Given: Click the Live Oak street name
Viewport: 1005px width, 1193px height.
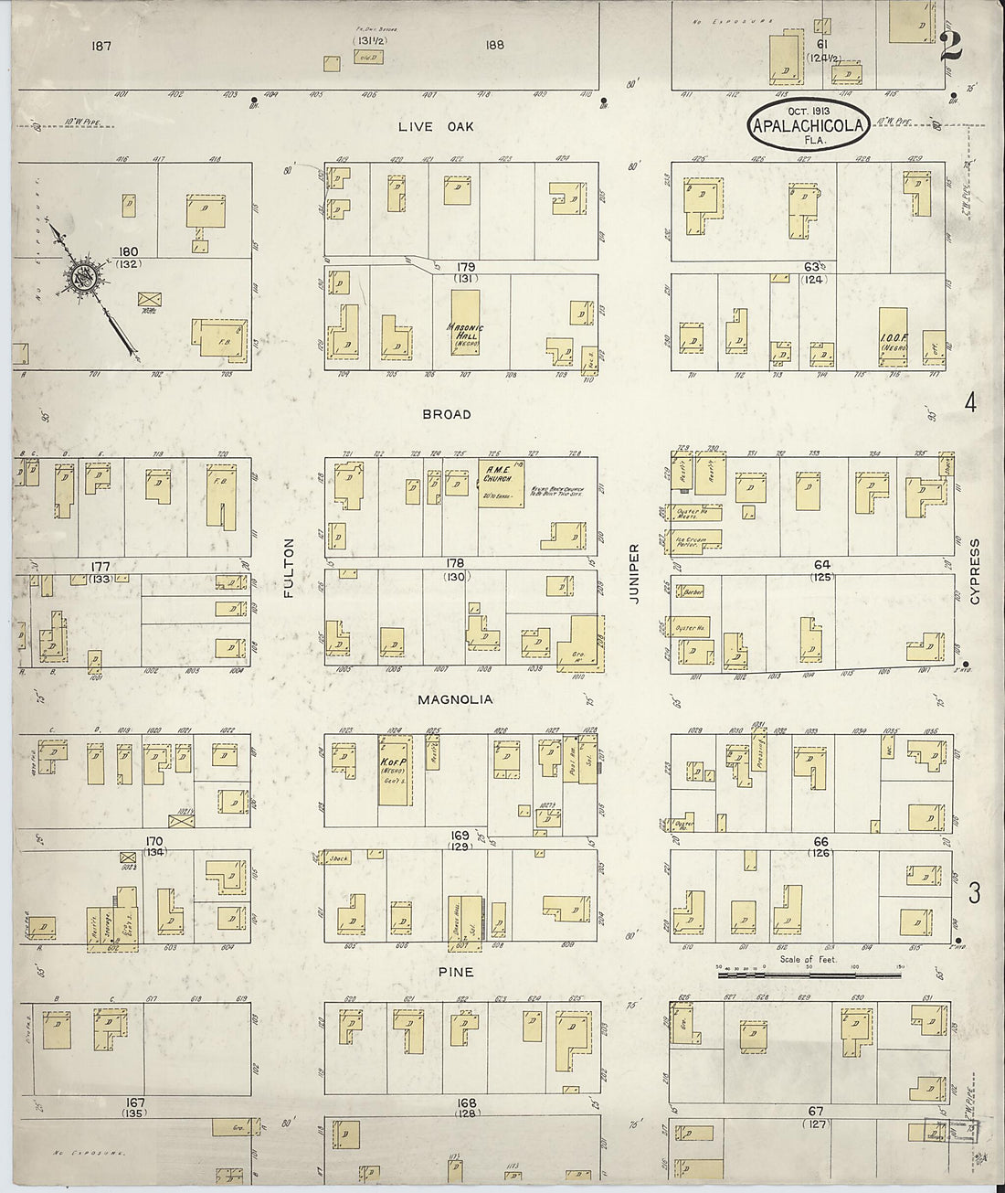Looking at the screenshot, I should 436,126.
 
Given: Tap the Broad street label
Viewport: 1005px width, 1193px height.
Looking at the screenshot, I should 447,414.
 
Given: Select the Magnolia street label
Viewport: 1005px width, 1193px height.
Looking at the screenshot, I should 455,699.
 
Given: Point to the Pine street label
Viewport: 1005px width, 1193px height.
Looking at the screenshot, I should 455,972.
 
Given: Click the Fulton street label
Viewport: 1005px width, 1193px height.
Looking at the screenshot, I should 289,568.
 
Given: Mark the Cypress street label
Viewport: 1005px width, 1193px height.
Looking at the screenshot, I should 975,571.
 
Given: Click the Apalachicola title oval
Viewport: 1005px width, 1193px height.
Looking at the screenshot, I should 808,126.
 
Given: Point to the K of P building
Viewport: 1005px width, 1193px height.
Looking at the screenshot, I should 394,769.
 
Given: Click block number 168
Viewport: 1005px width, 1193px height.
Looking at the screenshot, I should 467,1103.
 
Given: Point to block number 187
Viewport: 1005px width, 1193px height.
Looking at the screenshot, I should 101,45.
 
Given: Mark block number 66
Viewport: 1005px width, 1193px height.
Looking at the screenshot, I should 820,842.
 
